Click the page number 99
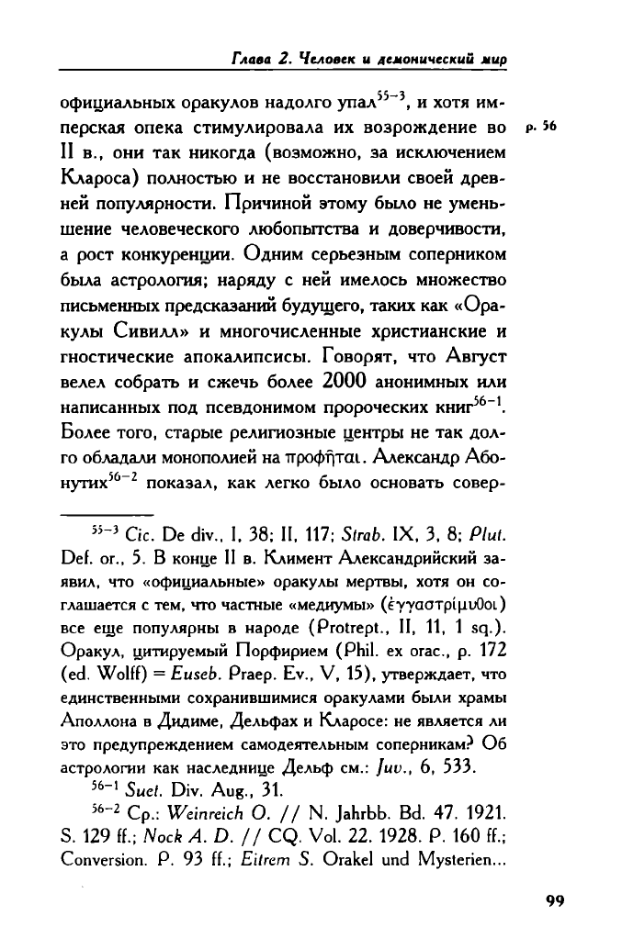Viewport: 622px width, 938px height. (x=552, y=900)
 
